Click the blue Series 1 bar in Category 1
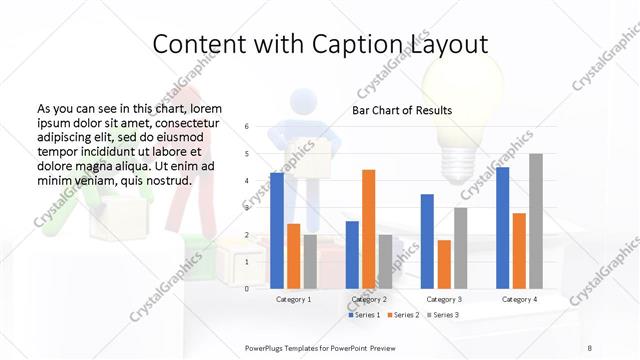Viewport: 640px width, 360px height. click(277, 230)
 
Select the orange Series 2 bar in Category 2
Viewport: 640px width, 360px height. click(368, 228)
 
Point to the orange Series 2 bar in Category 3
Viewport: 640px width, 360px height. click(444, 264)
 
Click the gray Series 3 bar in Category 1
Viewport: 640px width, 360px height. click(310, 261)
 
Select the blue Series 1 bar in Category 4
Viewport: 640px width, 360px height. click(502, 227)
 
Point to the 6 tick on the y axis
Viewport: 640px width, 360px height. click(247, 127)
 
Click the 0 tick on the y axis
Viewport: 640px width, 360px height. click(247, 288)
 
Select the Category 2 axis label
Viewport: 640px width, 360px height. click(369, 299)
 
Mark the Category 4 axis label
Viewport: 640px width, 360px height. click(519, 299)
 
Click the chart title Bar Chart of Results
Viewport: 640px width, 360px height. click(402, 110)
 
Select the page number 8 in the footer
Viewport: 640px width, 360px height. click(589, 346)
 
